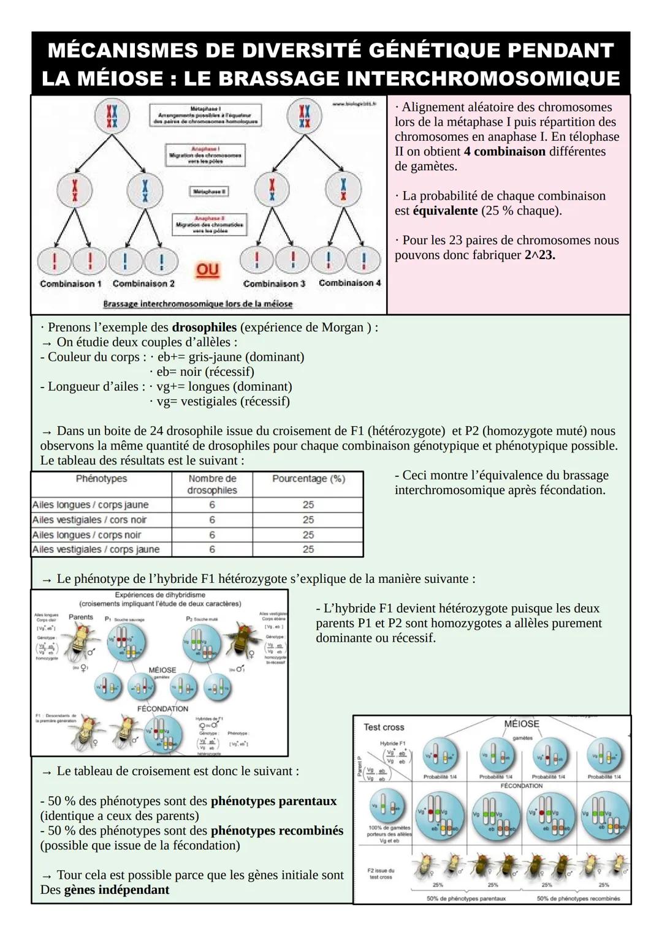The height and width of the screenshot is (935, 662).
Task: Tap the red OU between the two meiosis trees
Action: [x=208, y=270]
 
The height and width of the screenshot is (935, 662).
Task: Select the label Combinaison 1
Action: [x=71, y=284]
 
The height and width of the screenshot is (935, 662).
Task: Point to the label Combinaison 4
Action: [x=350, y=283]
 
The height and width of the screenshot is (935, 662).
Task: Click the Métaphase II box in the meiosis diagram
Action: [x=208, y=192]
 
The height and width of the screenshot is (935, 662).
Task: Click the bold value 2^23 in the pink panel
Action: [x=539, y=255]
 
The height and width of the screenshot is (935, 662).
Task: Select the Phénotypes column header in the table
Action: [x=101, y=479]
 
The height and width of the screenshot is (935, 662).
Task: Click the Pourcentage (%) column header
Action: [x=308, y=479]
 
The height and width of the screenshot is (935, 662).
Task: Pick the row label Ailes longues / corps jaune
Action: [x=90, y=505]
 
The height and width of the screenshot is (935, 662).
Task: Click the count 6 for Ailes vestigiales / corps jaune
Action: [x=212, y=550]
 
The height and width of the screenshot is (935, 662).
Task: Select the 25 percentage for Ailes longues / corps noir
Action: [x=308, y=535]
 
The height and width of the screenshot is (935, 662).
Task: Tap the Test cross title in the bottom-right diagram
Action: [x=384, y=727]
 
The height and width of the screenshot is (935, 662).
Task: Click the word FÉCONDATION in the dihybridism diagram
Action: [x=162, y=708]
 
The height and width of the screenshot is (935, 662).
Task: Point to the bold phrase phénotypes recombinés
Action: [x=276, y=831]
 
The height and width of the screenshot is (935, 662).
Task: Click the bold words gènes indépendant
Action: [x=116, y=890]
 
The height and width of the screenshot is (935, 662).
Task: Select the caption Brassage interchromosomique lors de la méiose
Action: [x=197, y=304]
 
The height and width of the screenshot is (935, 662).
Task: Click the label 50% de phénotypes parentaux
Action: [x=466, y=899]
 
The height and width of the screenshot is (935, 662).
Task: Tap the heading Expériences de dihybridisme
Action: [x=160, y=595]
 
